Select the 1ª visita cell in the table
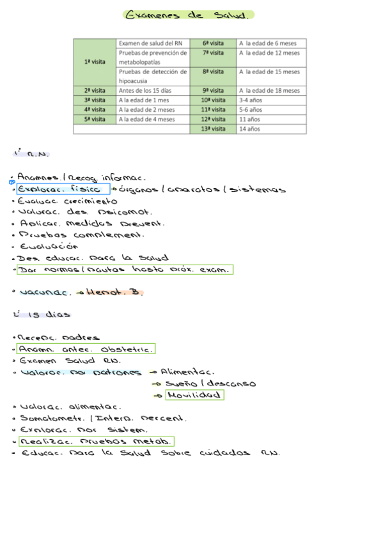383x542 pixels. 95,62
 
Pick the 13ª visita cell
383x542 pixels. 214,129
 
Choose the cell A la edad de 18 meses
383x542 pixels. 269,91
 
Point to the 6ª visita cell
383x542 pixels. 214,43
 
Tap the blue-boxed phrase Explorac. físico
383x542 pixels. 63,189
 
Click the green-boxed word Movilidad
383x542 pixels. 194,396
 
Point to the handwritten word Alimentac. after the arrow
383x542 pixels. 187,372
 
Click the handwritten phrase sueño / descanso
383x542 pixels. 210,384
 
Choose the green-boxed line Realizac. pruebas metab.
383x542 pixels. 95,442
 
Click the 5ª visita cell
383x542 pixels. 95,119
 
